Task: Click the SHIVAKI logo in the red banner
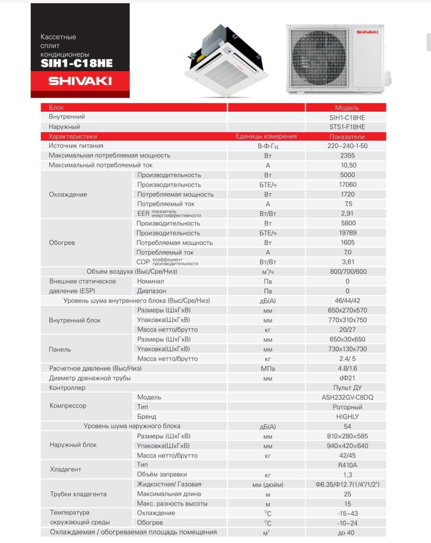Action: (80, 81)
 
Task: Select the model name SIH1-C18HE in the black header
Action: (76, 62)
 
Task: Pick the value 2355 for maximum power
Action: (348, 155)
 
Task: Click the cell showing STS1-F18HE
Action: (348, 127)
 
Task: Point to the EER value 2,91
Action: (348, 214)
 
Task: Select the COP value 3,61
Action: (348, 262)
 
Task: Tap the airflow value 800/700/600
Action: (348, 271)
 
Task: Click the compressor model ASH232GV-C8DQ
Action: (348, 397)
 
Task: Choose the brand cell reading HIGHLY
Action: (348, 416)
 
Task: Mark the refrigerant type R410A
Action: (348, 465)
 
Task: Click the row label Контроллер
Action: (67, 388)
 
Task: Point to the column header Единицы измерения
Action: (266, 136)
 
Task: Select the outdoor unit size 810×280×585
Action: (348, 436)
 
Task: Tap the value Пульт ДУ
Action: (348, 388)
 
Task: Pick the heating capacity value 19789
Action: (348, 233)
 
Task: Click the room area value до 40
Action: (348, 533)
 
